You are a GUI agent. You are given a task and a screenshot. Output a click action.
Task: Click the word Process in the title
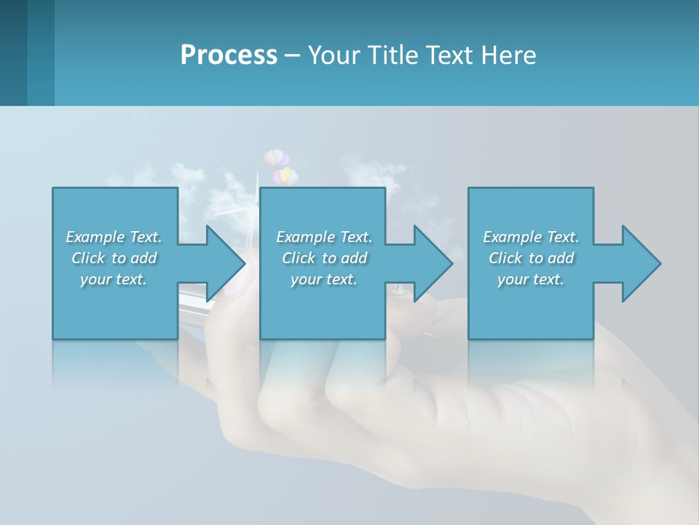click(x=229, y=55)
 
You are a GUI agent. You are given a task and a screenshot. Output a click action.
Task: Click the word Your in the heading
click(x=336, y=55)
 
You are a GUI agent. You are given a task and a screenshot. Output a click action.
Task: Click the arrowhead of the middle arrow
click(x=434, y=263)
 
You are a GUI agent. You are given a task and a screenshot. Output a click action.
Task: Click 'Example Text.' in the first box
click(x=114, y=237)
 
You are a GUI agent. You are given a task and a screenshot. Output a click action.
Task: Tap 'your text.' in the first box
click(x=114, y=279)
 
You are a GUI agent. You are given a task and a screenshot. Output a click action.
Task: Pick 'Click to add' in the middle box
click(x=324, y=258)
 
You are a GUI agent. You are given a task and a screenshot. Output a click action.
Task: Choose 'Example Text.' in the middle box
click(x=324, y=237)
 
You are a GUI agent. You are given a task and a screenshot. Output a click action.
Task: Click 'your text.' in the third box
click(x=531, y=279)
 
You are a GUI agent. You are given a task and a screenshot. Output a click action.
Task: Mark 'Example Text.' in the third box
click(x=531, y=237)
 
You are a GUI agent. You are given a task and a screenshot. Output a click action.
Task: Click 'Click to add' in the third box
click(x=531, y=258)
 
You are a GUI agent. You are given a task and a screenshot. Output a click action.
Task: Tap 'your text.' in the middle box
click(x=324, y=279)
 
